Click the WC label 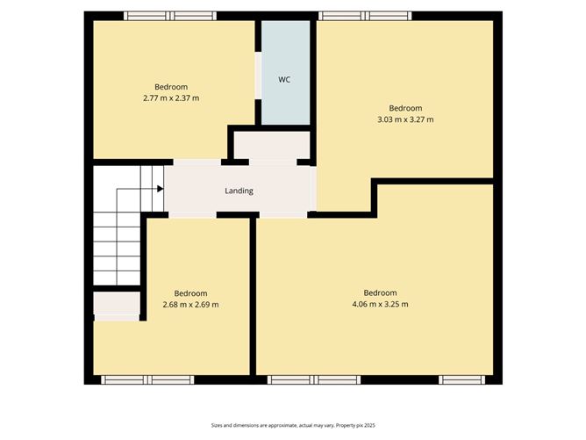pyautogui.click(x=284, y=80)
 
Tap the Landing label pyautogui.click(x=239, y=191)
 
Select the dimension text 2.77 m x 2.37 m pyautogui.click(x=171, y=98)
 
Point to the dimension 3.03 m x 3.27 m pyautogui.click(x=405, y=119)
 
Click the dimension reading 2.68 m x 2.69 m pyautogui.click(x=190, y=305)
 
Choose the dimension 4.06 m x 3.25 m pyautogui.click(x=380, y=304)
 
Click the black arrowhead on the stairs pyautogui.click(x=160, y=188)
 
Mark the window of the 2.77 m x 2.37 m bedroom pyautogui.click(x=170, y=16)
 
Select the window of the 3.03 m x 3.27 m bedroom pyautogui.click(x=364, y=16)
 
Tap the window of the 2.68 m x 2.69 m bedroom pyautogui.click(x=146, y=379)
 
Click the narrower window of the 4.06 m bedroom pyautogui.click(x=462, y=379)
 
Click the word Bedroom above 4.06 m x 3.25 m pyautogui.click(x=380, y=292)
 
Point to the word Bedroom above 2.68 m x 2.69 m pyautogui.click(x=190, y=293)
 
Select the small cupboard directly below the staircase pyautogui.click(x=117, y=304)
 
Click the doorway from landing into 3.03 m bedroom pyautogui.click(x=314, y=188)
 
